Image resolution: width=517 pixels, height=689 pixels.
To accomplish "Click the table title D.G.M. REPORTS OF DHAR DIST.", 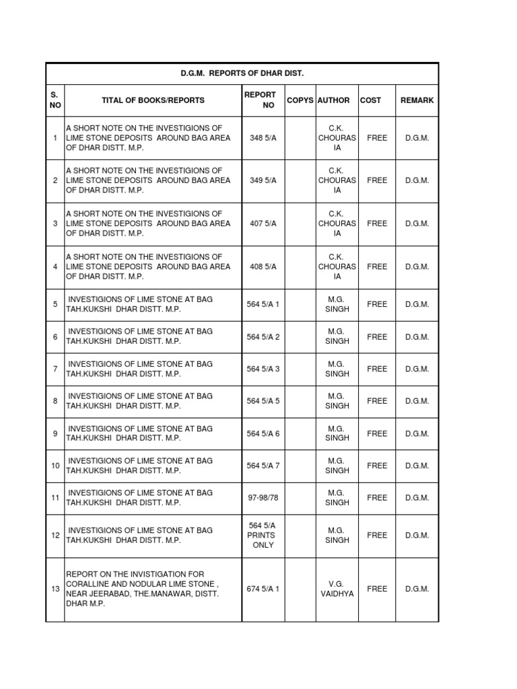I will tap(242, 73).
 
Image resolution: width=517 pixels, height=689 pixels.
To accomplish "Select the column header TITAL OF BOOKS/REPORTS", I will tap(153, 100).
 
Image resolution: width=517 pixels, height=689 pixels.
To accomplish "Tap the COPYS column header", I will tap(300, 100).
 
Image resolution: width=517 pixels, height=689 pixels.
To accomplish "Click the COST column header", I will tap(370, 100).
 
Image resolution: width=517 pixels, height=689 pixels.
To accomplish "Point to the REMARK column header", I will tap(417, 100).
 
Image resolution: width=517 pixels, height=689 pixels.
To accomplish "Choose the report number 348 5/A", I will tap(263, 138).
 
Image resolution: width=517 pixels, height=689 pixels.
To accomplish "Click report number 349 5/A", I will tap(263, 181).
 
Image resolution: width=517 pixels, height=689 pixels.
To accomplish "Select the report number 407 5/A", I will tap(263, 224).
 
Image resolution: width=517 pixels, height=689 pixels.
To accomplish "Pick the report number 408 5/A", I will tap(263, 267).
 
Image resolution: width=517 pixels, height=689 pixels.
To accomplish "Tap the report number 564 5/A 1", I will tap(263, 305).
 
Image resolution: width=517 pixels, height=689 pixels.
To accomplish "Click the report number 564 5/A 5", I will tap(263, 402).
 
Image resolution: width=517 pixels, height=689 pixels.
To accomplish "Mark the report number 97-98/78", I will tap(263, 498).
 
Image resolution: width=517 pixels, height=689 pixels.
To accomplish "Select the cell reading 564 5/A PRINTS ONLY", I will tap(263, 536).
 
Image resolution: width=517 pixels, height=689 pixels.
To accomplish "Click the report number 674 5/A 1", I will tap(263, 589).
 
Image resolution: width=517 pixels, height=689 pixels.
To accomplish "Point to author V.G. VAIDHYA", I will tap(337, 589).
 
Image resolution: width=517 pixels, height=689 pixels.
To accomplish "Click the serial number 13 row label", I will tap(55, 589).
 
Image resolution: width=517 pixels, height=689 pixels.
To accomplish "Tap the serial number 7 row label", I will tap(55, 369).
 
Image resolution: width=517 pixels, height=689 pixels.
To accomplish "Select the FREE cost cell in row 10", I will tap(377, 466).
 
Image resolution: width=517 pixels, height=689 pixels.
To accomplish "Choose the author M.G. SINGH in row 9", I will tap(337, 433).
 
